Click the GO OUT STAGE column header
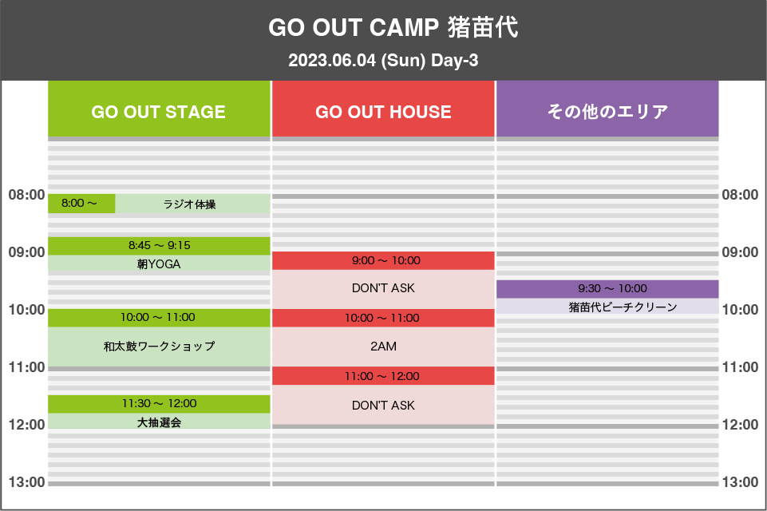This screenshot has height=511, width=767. click(x=159, y=109)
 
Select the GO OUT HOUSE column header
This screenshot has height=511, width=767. click(x=383, y=109)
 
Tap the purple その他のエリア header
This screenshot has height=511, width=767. click(x=607, y=109)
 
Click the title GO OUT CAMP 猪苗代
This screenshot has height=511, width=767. click(x=393, y=27)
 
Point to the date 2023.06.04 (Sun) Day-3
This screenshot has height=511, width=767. click(x=383, y=60)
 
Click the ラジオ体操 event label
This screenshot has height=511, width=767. click(x=189, y=204)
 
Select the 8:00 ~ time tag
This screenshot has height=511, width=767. click(x=81, y=204)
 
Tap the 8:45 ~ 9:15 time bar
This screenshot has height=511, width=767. click(x=159, y=246)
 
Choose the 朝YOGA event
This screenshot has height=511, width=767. click(x=159, y=263)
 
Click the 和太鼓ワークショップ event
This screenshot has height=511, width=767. click(x=159, y=347)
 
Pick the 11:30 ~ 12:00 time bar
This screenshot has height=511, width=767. click(x=159, y=404)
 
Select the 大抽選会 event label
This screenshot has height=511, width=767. click(x=159, y=422)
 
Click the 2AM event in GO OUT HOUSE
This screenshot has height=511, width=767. click(x=383, y=347)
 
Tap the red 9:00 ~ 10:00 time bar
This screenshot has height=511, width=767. click(x=383, y=260)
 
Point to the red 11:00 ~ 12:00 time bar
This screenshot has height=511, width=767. click(x=383, y=376)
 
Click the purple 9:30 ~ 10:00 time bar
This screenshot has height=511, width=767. click(x=607, y=289)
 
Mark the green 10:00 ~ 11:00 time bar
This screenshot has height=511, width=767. click(x=159, y=318)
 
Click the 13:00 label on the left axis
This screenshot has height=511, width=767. click(x=26, y=482)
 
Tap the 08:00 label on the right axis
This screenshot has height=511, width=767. click(x=740, y=195)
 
